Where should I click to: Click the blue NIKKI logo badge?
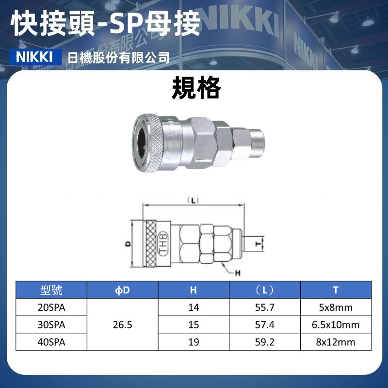click(x=35, y=57)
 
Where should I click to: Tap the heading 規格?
click(x=196, y=88)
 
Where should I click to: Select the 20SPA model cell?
click(x=51, y=307)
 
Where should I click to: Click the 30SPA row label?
click(x=51, y=324)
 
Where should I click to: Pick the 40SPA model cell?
click(x=51, y=342)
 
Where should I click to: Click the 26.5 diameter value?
click(x=123, y=324)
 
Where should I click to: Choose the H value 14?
click(x=194, y=307)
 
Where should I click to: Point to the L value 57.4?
click(x=265, y=324)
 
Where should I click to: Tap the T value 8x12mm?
click(x=336, y=342)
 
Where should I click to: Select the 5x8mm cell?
click(x=336, y=307)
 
